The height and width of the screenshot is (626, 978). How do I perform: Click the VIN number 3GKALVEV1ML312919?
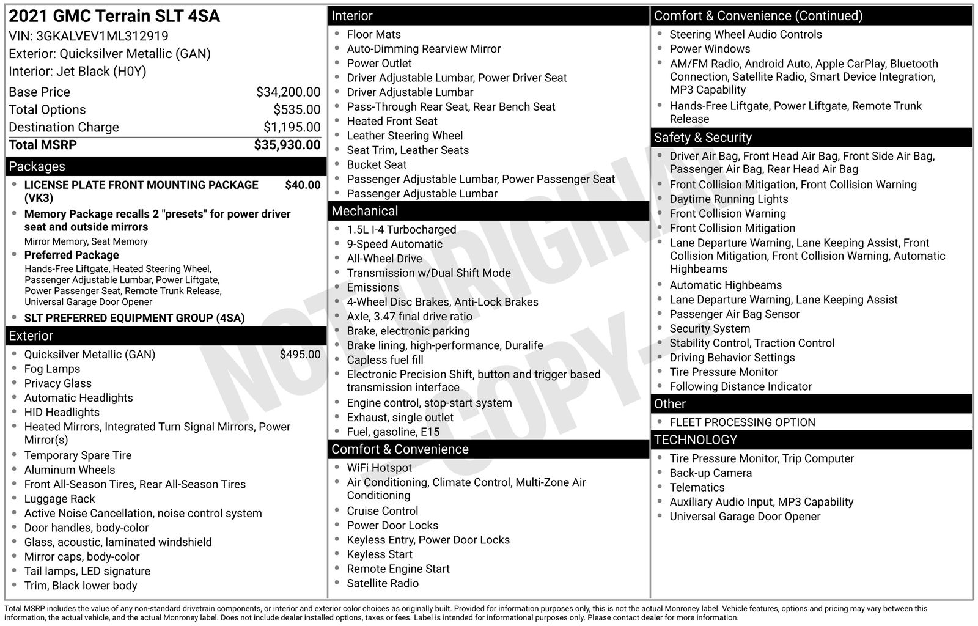click(102, 36)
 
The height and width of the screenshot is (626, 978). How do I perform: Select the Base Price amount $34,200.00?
click(288, 92)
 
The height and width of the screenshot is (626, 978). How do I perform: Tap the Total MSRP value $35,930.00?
click(287, 145)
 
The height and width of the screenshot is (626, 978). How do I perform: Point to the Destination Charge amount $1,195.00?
click(292, 127)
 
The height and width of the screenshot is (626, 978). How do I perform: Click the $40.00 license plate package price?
click(303, 185)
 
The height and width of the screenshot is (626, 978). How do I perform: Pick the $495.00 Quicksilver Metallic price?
click(300, 355)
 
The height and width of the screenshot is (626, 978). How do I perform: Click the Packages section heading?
click(37, 166)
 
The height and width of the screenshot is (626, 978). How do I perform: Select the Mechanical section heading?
click(364, 211)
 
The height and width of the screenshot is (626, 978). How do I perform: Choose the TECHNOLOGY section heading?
click(695, 440)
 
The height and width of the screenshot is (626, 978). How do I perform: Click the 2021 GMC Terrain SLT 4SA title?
click(114, 16)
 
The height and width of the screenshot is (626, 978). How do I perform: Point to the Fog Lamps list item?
click(52, 369)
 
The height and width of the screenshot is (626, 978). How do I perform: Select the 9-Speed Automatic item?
click(394, 244)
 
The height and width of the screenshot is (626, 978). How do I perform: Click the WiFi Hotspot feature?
click(379, 468)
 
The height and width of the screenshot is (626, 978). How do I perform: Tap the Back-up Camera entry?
click(710, 473)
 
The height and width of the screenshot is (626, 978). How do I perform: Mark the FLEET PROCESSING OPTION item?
click(741, 422)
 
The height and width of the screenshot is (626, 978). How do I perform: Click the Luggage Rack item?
click(59, 499)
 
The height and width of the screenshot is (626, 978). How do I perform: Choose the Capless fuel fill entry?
click(384, 360)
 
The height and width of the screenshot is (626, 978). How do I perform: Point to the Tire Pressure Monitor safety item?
click(723, 372)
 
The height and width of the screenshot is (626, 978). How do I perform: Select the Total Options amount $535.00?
click(296, 110)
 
